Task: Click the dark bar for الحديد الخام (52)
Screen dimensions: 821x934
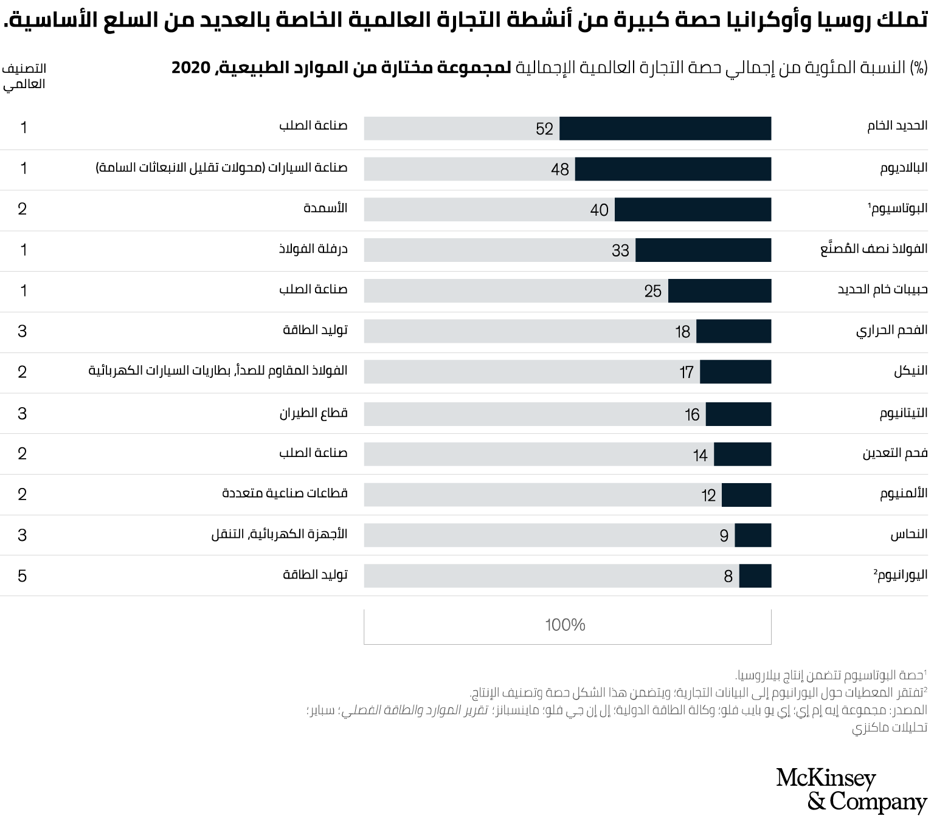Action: coord(665,129)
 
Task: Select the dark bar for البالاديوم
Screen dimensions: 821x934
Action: coord(673,169)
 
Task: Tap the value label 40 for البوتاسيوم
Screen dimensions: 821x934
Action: coord(599,210)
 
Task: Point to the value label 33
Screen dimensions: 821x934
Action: coord(620,250)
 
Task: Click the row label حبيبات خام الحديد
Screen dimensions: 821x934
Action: coord(882,289)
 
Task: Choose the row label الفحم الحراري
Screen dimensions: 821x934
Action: coord(891,331)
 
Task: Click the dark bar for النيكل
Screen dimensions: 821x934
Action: coord(735,372)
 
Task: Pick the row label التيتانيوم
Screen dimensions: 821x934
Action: coord(903,413)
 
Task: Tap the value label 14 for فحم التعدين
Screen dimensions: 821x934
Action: coord(700,455)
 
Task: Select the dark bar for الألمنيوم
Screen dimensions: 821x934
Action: coord(746,495)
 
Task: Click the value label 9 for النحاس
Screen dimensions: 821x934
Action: coord(724,536)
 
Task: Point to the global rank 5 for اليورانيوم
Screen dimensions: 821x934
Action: coord(22,576)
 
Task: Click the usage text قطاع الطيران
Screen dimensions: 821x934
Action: coord(313,413)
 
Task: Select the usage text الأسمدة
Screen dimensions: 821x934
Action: coord(325,208)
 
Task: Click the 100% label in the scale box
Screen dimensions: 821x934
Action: coord(565,625)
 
